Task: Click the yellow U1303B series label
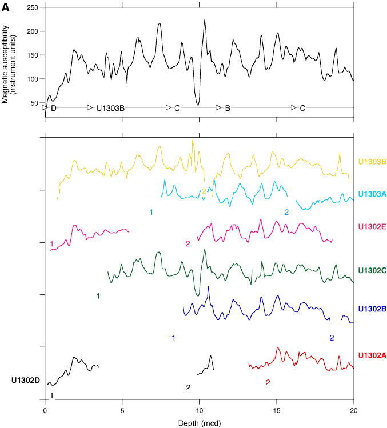(373, 162)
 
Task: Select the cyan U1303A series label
(373, 194)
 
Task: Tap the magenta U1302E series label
(372, 227)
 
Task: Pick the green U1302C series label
(373, 270)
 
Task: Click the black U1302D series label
(26, 380)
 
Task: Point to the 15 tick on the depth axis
(277, 410)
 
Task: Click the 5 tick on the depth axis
(122, 410)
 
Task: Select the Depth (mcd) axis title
(198, 422)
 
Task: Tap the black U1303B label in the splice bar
(110, 108)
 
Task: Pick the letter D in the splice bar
(54, 108)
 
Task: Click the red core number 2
(268, 382)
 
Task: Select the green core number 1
(98, 295)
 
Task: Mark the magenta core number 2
(187, 244)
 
